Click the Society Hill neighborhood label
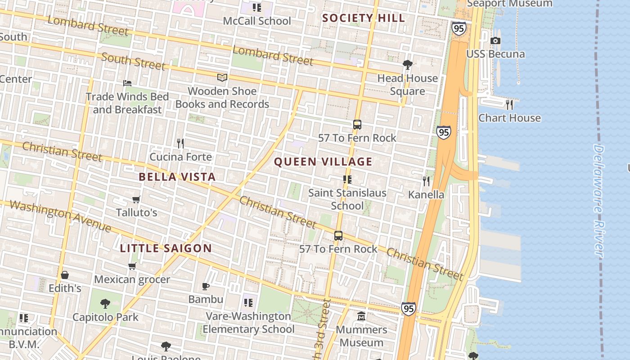364,18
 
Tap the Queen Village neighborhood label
323,162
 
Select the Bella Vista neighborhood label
177,177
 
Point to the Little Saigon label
166,248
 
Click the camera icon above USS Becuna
495,41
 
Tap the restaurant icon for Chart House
509,104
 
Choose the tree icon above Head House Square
408,65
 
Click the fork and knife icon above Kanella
426,181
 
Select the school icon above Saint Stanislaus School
347,180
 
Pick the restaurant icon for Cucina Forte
180,144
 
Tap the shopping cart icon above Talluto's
136,199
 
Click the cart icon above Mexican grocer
132,266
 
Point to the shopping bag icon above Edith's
65,275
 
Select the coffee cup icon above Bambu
206,286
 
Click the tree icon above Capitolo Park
105,304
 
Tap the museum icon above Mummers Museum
361,316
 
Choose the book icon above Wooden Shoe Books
222,78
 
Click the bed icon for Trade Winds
127,83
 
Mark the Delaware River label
598,200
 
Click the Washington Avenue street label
60,216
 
